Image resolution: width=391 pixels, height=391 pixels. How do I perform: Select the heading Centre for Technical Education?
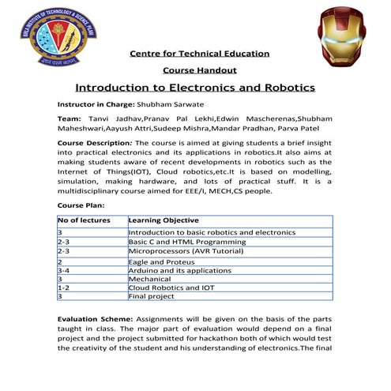coord(199,54)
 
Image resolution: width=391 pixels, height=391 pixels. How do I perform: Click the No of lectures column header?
coord(81,220)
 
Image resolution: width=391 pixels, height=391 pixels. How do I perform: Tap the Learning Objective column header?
coord(164,220)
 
